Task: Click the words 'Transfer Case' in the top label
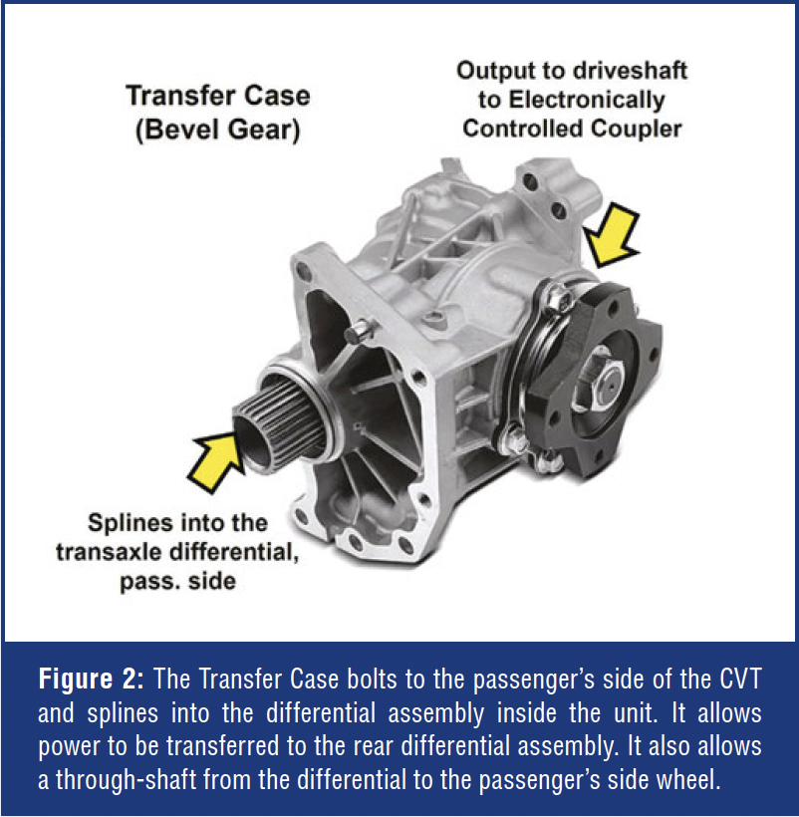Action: (x=218, y=96)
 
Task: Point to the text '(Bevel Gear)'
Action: (x=218, y=130)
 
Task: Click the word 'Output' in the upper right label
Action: (x=495, y=71)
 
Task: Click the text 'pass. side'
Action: (x=177, y=581)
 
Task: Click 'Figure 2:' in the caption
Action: (x=91, y=679)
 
